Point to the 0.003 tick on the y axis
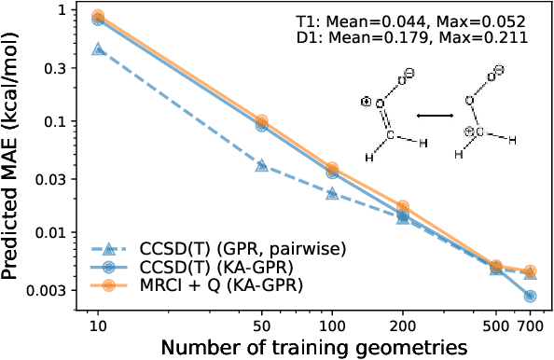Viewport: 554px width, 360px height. click(x=54, y=290)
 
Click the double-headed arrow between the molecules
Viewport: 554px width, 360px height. click(x=435, y=115)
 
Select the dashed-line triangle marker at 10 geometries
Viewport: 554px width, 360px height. click(x=98, y=48)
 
